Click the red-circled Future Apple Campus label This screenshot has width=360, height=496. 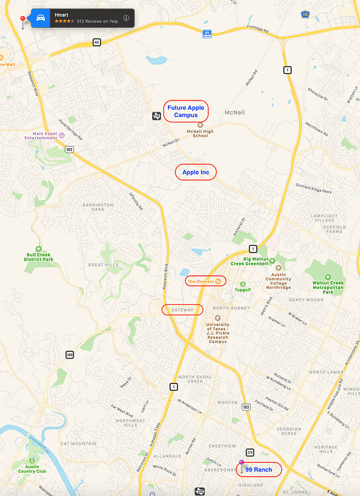186,111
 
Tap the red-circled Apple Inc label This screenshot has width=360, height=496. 196,172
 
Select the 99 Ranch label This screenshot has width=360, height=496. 259,470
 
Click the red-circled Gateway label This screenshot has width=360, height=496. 183,310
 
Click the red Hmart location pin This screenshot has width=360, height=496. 23,20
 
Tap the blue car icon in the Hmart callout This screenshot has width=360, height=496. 41,18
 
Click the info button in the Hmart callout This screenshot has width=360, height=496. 126,18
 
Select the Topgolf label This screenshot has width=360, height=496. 243,290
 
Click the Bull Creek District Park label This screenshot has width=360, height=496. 38,256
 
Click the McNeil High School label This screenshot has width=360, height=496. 200,134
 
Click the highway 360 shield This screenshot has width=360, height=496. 69,354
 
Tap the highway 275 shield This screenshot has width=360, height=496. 249,452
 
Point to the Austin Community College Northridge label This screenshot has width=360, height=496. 278,281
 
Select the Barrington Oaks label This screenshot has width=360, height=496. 98,208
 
